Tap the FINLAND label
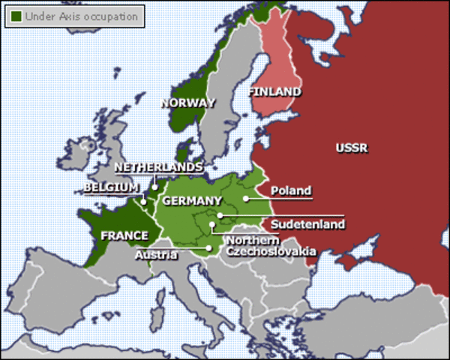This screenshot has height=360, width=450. coord(274,92)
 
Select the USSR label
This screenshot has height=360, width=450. coord(351,148)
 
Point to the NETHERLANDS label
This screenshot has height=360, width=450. coord(158,166)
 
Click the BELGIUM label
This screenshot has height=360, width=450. coord(111,186)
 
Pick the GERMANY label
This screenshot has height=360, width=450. coord(192,200)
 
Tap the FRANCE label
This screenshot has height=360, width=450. coord(124,235)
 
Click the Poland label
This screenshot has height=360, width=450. coord(290,190)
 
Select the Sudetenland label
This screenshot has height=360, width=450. coord(307,223)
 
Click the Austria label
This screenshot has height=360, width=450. coord(156,255)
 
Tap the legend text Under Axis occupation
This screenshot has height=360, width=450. coord(81,15)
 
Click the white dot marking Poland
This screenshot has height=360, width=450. coord(245,199)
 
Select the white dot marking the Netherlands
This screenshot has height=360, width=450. coord(154,187)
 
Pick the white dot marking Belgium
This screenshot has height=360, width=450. coord(143,202)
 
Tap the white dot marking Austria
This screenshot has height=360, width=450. coord(208,247)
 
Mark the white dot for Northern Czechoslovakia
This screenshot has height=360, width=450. coord(213,224)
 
